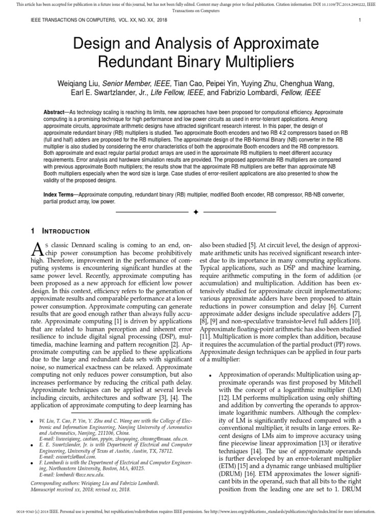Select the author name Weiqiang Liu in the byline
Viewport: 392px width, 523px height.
[x=79, y=84]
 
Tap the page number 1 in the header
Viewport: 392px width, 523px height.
[x=360, y=20]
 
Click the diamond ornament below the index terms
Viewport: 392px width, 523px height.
[x=195, y=211]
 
